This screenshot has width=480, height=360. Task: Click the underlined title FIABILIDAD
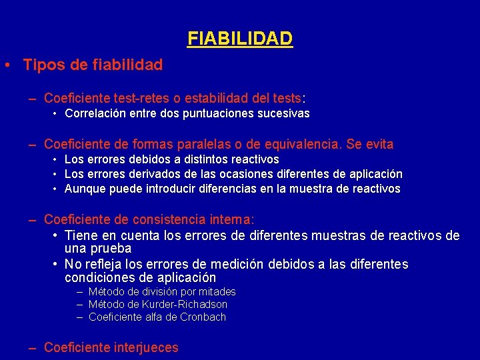click(240, 39)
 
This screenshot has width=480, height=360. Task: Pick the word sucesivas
click(283, 113)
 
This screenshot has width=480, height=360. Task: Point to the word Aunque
click(83, 189)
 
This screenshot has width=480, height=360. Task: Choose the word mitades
click(217, 292)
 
